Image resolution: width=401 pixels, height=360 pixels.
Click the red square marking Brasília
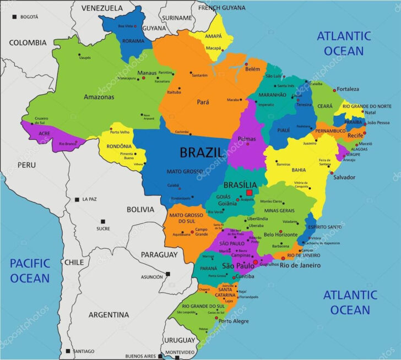click(249, 193)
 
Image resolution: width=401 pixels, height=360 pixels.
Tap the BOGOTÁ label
click(29, 17)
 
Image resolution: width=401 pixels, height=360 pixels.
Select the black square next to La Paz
click(77, 199)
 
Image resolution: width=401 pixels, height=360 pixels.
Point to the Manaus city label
click(147, 73)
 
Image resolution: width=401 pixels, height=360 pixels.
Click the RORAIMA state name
click(133, 40)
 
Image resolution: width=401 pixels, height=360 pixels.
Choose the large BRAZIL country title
click(202, 152)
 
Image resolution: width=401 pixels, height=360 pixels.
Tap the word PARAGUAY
click(159, 254)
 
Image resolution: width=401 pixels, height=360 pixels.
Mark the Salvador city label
click(344, 177)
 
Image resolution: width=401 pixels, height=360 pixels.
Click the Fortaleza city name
click(348, 89)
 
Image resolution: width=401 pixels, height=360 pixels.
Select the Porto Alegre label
click(233, 321)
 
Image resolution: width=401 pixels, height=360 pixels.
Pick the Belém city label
click(252, 69)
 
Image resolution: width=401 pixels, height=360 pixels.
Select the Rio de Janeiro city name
click(300, 265)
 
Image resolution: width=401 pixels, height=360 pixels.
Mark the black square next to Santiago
click(68, 351)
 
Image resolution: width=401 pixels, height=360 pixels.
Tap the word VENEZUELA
click(102, 8)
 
